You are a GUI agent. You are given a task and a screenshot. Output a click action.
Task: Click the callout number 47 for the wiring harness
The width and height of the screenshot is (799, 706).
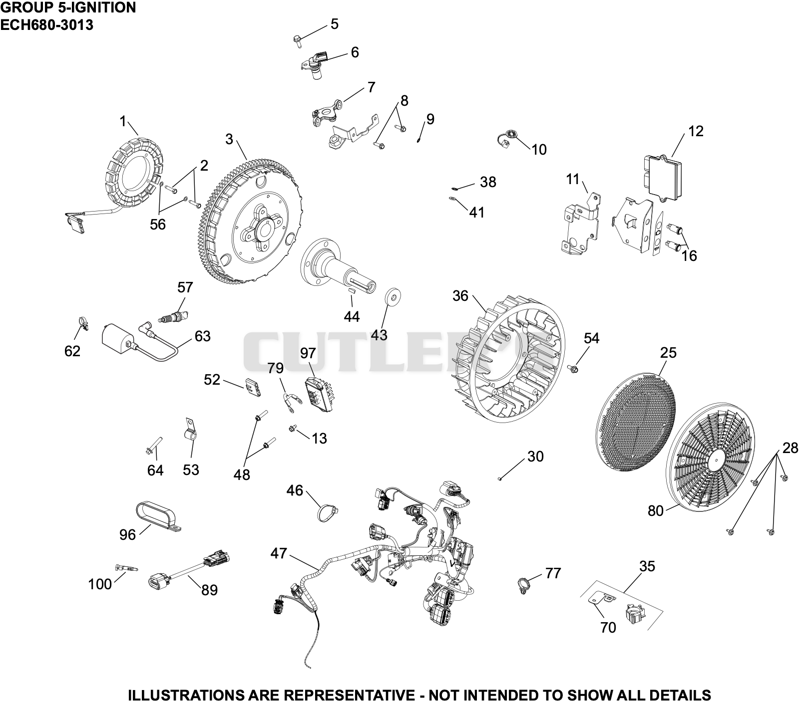[x=279, y=553]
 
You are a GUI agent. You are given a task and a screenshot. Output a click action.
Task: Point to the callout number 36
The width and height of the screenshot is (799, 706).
[x=460, y=296]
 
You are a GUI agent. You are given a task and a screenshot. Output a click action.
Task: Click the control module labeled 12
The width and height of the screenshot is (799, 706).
[x=662, y=174]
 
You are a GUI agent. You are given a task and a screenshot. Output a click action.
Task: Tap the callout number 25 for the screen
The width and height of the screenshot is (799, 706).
[x=668, y=353]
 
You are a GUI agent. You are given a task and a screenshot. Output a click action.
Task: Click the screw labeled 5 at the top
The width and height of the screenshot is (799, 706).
[x=297, y=40]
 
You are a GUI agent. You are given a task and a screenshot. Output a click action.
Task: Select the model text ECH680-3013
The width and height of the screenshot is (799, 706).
[x=46, y=24]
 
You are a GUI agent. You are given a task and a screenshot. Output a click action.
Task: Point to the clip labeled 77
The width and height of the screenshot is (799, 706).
[x=523, y=583]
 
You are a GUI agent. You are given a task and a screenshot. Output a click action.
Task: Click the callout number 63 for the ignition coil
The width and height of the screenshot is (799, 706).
[x=202, y=336]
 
